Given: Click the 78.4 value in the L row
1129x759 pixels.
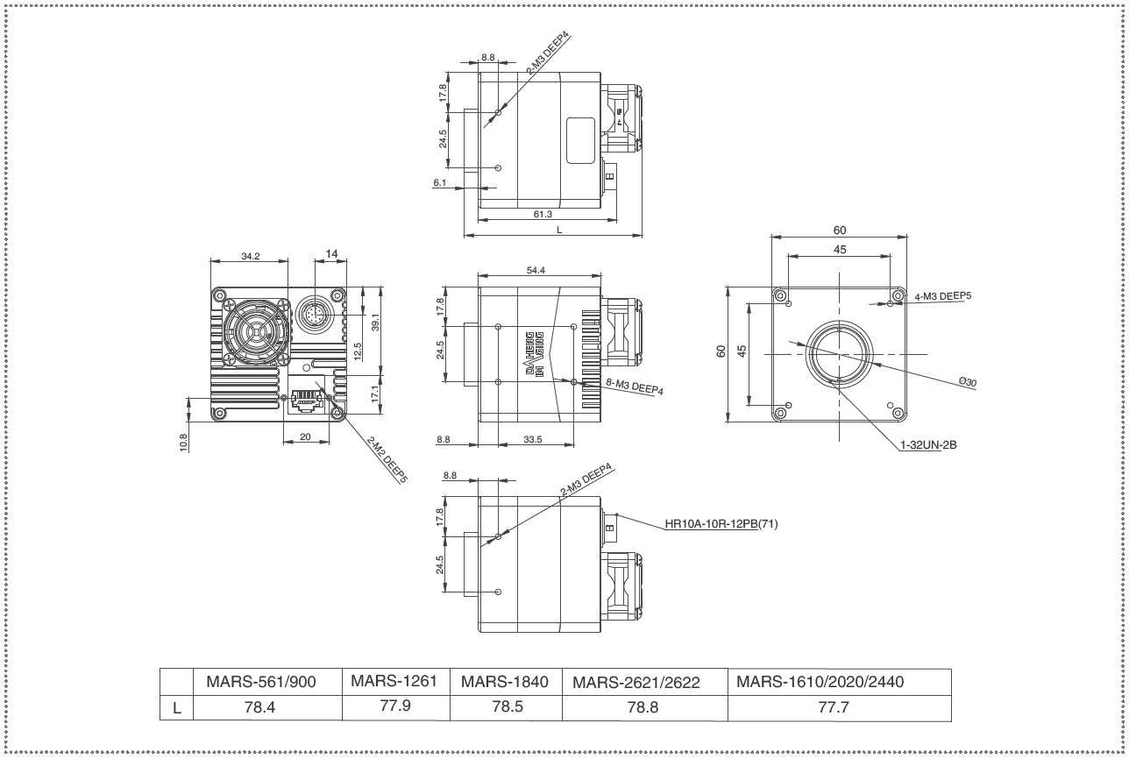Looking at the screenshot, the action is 259,707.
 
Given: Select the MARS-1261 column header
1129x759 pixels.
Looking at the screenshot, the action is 394,681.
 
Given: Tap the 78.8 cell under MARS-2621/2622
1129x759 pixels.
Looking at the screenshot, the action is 643,707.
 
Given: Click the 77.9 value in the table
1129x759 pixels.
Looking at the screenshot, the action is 395,706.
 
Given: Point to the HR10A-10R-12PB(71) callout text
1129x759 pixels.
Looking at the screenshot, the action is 721,524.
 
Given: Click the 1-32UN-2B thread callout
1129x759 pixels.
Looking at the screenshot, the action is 928,445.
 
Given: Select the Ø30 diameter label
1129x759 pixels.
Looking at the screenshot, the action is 968,382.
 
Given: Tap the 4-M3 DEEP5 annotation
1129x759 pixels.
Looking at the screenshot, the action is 943,296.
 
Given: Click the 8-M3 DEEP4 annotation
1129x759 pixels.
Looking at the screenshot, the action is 635,387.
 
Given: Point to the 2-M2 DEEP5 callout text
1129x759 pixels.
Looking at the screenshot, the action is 387,459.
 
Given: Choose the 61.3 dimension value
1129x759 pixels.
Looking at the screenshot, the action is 543,214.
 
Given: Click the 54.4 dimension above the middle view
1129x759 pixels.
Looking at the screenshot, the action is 536,270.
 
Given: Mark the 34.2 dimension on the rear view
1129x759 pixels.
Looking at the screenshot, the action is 251,256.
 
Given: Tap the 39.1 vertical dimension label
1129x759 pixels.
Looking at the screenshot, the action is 375,323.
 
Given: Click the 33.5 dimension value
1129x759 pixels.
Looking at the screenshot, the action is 533,439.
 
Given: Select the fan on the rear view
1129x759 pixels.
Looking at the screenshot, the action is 257,331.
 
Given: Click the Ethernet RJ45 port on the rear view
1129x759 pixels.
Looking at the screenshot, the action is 305,401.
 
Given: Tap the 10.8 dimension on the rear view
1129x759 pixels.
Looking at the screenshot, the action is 183,443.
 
